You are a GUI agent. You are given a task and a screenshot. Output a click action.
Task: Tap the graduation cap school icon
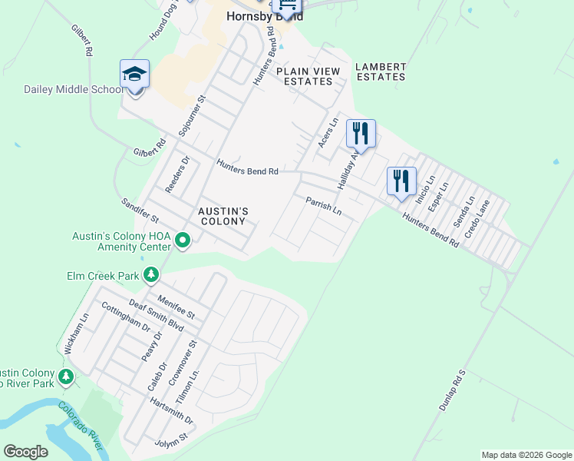point(134,75)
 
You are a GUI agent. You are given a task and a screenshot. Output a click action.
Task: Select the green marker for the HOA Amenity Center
point(183,241)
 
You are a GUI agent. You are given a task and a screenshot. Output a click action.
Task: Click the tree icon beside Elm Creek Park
point(152,274)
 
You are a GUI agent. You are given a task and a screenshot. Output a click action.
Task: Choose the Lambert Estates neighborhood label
point(380,71)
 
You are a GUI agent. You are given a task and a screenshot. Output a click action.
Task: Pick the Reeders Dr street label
point(176,175)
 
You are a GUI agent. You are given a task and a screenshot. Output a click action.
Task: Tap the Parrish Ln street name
point(323,206)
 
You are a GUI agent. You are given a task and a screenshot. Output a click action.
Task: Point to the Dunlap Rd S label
point(453,390)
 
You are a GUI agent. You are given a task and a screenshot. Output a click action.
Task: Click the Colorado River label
point(85,426)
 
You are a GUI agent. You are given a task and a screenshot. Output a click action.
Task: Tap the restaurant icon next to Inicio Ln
point(401,182)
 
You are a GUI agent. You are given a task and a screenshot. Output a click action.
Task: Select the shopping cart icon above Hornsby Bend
point(287,6)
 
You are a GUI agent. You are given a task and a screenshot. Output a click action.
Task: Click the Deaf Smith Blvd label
point(157,315)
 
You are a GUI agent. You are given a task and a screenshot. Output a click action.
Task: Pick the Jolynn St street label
point(172,439)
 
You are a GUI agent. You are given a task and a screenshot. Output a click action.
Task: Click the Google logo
point(26,452)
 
